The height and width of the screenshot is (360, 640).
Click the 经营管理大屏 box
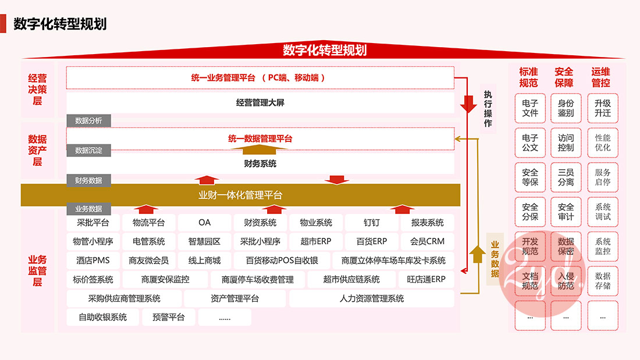pyautogui.click(x=260, y=103)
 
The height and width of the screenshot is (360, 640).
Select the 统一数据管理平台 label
pyautogui.click(x=260, y=138)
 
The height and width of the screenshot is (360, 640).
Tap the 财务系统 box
pyautogui.click(x=260, y=163)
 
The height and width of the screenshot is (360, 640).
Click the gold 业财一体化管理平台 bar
pyautogui.click(x=240, y=195)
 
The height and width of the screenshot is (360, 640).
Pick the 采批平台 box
pyautogui.click(x=93, y=223)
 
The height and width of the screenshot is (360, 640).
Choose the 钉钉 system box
pyautogui.click(x=372, y=223)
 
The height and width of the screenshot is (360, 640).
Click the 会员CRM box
pyautogui.click(x=427, y=241)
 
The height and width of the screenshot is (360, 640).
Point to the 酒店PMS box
pyautogui.click(x=93, y=261)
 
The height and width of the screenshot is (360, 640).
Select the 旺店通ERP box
pyautogui.click(x=426, y=280)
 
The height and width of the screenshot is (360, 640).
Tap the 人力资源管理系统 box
pyautogui.click(x=371, y=299)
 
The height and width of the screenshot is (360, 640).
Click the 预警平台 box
pyautogui.click(x=168, y=318)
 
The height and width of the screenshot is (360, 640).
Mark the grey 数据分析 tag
pyautogui.click(x=88, y=120)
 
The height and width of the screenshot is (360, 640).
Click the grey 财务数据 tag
pyautogui.click(x=88, y=181)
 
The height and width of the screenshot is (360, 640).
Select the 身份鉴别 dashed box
pyautogui.click(x=566, y=108)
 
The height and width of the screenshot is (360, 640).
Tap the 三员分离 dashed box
pyautogui.click(x=566, y=177)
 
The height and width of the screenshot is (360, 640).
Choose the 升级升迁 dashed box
pyautogui.click(x=602, y=108)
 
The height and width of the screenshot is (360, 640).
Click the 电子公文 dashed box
pyautogui.click(x=530, y=143)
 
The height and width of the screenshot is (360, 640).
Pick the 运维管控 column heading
pyautogui.click(x=601, y=77)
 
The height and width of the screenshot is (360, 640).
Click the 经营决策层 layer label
pyautogui.click(x=38, y=89)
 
